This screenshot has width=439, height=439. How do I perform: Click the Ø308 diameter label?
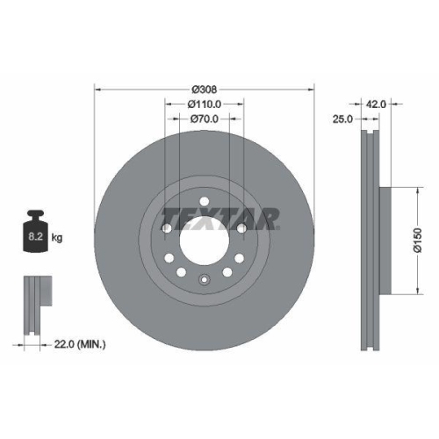click(x=204, y=89)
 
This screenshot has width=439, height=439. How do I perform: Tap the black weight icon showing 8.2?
click(x=37, y=233)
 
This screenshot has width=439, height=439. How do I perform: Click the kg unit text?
click(x=59, y=237)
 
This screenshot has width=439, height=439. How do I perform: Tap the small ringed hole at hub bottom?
click(x=204, y=281)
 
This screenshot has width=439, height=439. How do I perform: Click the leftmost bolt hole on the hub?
click(x=167, y=229)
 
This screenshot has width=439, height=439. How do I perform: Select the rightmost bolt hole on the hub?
click(x=241, y=229)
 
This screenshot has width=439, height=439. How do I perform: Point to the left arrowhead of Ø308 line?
click(x=97, y=89)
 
